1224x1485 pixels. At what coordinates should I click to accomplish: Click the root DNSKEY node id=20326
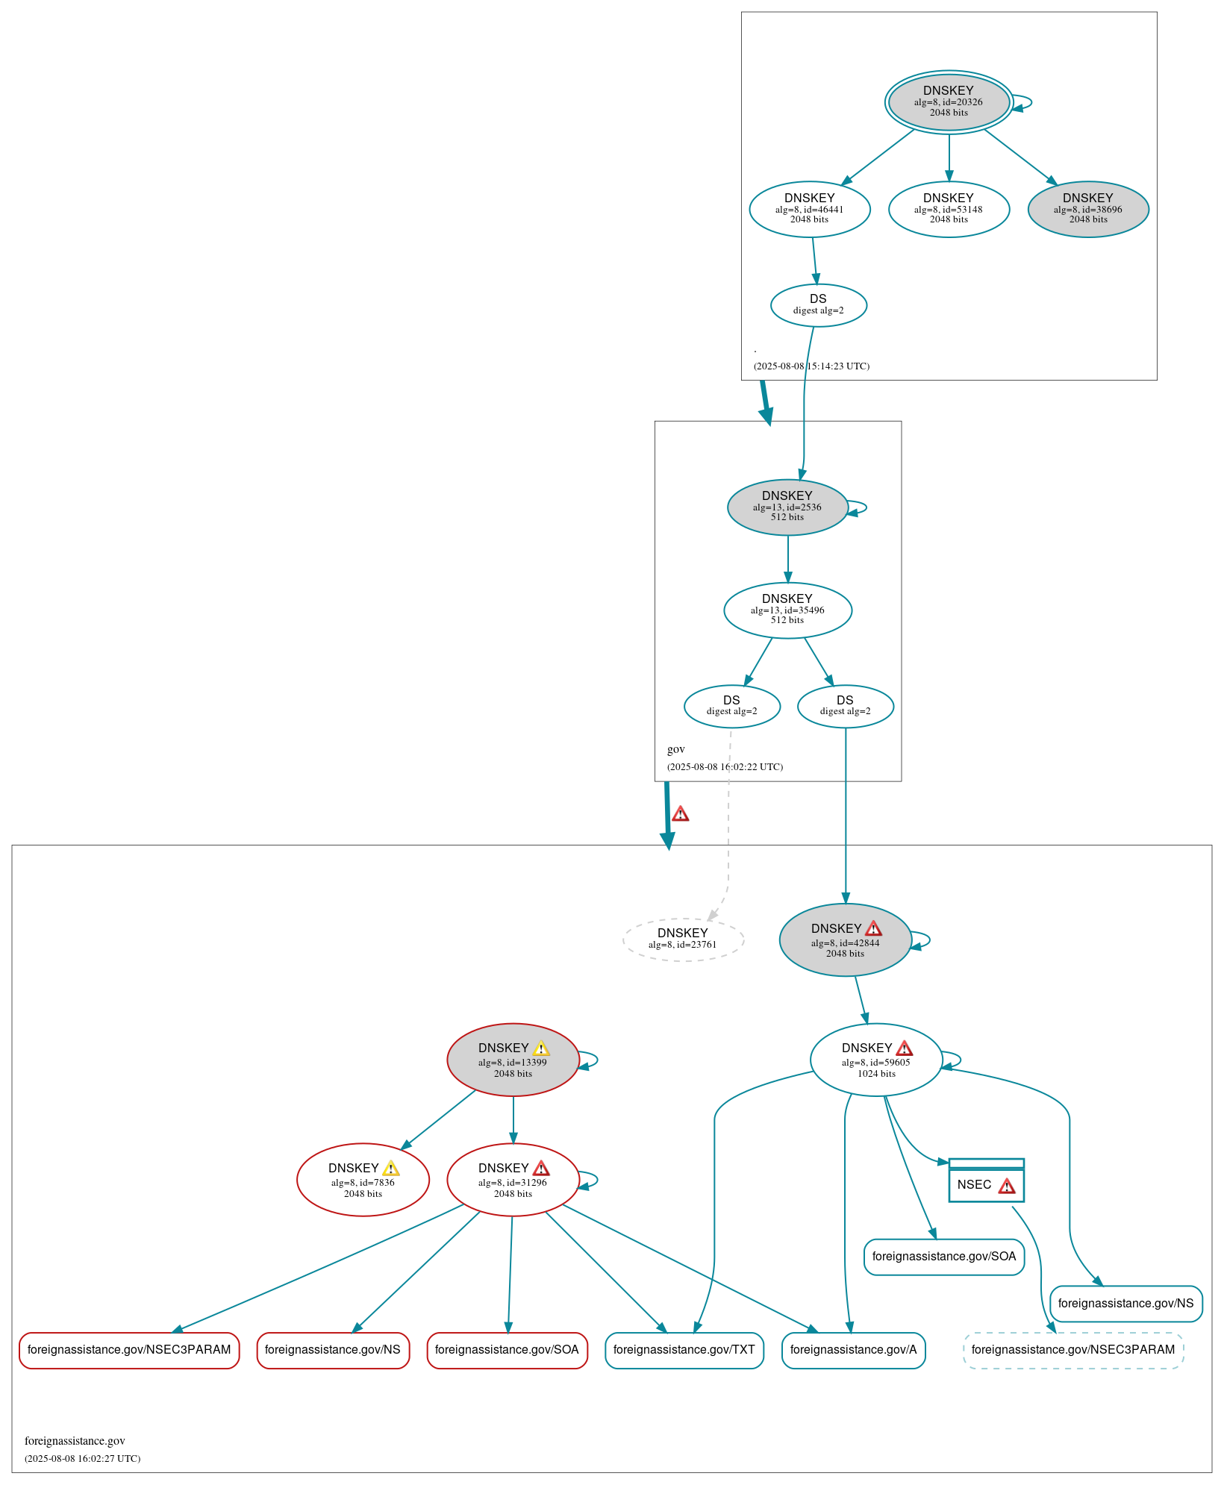click(x=948, y=102)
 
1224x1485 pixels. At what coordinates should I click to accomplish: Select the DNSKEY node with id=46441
click(x=809, y=209)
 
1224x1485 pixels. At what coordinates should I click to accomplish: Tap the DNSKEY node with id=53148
click(x=948, y=209)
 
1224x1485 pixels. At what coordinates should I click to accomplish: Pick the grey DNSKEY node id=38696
click(x=1087, y=209)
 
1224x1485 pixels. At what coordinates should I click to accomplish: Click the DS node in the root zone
click(x=818, y=304)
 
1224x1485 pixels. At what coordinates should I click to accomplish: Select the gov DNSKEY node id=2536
click(x=787, y=507)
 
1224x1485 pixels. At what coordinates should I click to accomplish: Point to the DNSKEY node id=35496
click(x=787, y=610)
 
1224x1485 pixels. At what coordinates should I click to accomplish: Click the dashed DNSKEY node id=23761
click(x=682, y=939)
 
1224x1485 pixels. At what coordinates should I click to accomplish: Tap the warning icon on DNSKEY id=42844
click(x=873, y=928)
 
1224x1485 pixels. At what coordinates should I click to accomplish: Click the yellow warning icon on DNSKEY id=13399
click(x=541, y=1048)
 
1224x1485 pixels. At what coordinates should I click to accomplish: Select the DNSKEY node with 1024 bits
click(x=875, y=1060)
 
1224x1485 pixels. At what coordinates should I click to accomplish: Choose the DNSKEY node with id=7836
click(x=363, y=1179)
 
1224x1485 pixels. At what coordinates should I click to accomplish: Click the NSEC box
click(x=985, y=1184)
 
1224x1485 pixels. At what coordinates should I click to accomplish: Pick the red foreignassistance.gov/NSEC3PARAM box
click(x=129, y=1350)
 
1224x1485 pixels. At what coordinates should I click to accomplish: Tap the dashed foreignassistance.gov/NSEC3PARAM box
click(x=1072, y=1350)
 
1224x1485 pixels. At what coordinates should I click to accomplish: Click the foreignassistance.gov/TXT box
click(x=684, y=1350)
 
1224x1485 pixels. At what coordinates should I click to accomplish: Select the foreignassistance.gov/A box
click(x=853, y=1350)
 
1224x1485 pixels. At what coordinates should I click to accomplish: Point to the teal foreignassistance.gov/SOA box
click(x=943, y=1257)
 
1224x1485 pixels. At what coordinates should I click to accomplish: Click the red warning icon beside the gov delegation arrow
click(x=680, y=814)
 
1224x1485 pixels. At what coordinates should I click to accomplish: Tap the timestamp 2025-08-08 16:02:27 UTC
click(x=82, y=1458)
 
